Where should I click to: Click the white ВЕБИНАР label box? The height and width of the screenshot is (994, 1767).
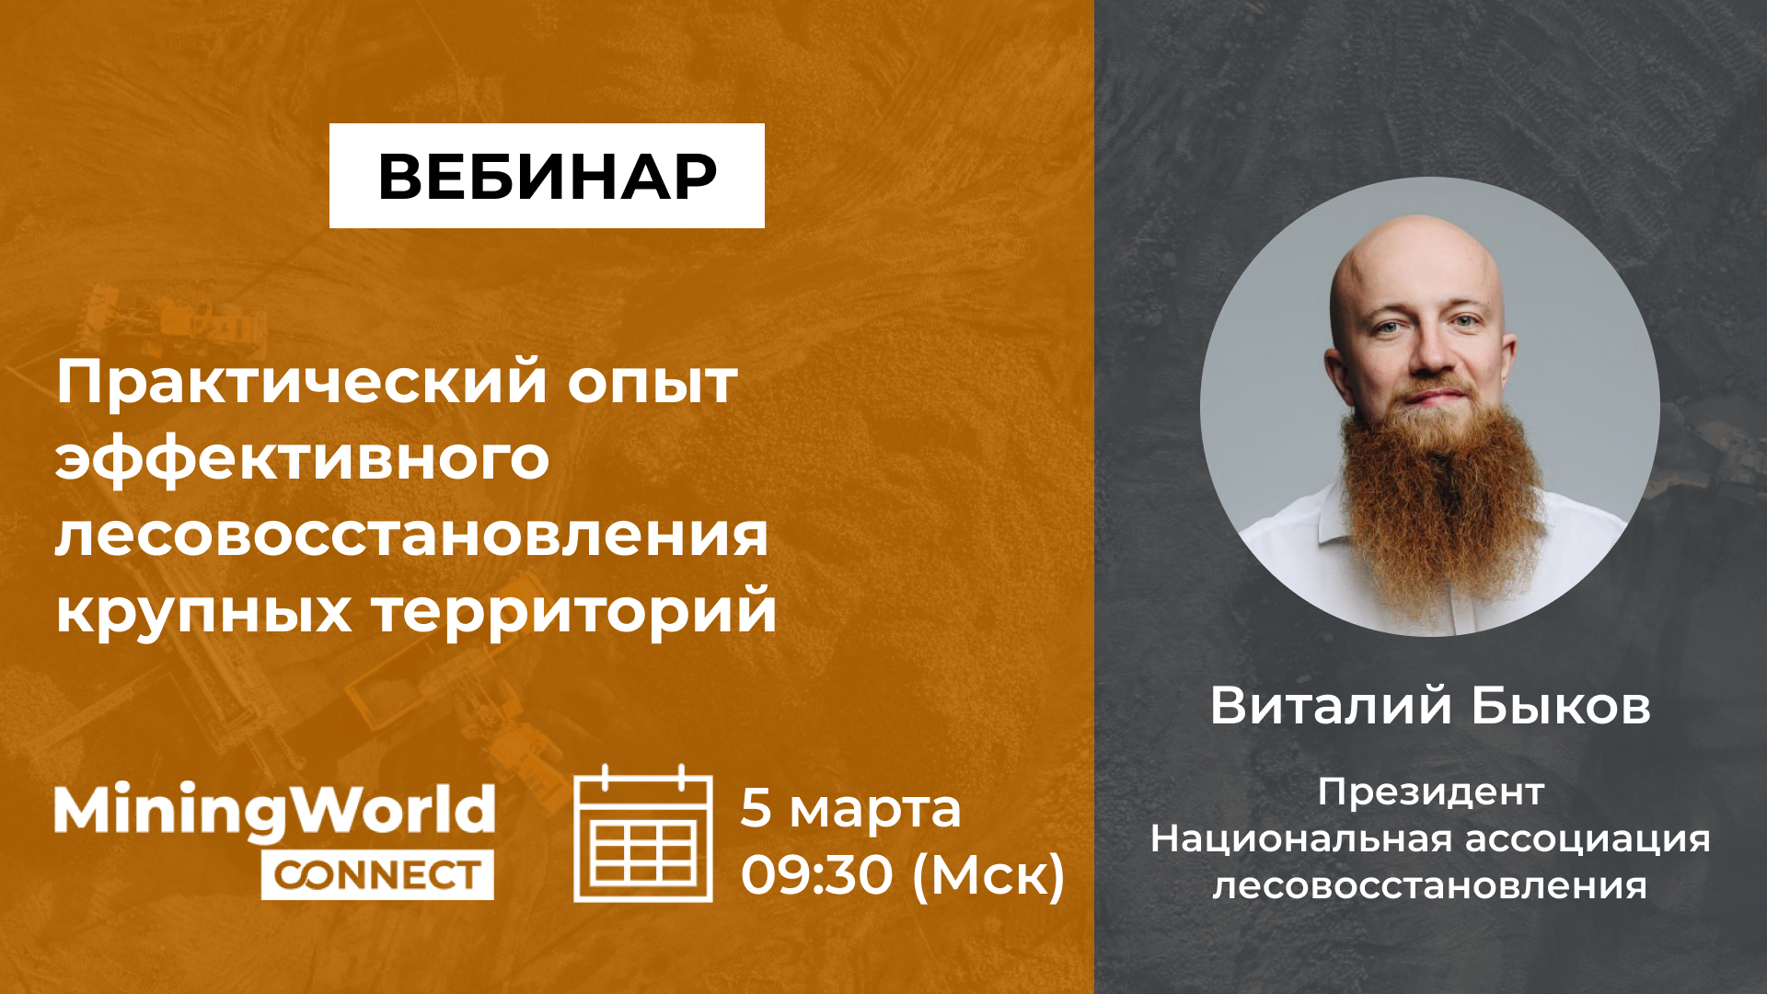[x=547, y=176]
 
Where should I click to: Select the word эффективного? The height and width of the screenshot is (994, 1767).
[x=302, y=460]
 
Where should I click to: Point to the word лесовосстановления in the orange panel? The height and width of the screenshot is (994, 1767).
[x=411, y=536]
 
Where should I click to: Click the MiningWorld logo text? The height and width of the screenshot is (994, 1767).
[x=274, y=812]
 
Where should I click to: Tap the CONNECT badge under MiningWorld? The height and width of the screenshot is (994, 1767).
[x=377, y=874]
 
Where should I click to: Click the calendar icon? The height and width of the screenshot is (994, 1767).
[x=643, y=834]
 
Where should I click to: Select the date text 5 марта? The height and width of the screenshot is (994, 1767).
[x=850, y=808]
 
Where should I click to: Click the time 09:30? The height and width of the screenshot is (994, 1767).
[x=817, y=874]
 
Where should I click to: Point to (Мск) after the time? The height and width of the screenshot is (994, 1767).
[x=988, y=875]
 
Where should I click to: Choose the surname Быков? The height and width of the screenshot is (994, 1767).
[x=1561, y=706]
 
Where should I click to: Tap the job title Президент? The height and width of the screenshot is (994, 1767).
[x=1430, y=792]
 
